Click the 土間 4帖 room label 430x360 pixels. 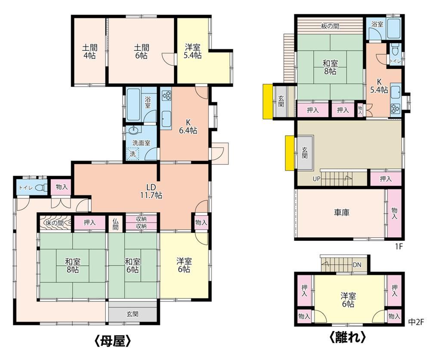coord(90,52)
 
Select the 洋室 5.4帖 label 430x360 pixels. coord(192,51)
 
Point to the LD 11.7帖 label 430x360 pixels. coord(151,191)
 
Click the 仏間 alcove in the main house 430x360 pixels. coord(115,223)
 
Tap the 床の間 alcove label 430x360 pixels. coord(55,223)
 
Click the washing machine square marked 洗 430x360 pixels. coord(133,154)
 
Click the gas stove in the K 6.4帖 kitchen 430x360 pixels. coord(166,96)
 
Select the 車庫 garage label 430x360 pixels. coord(341,212)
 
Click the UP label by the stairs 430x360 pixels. coord(316,179)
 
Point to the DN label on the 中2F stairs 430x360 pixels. coord(357,265)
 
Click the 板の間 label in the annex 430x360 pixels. coord(330,26)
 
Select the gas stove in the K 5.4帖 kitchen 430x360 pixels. coord(396,108)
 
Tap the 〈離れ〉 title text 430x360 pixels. coord(347,337)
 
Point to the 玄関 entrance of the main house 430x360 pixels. coord(133,313)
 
